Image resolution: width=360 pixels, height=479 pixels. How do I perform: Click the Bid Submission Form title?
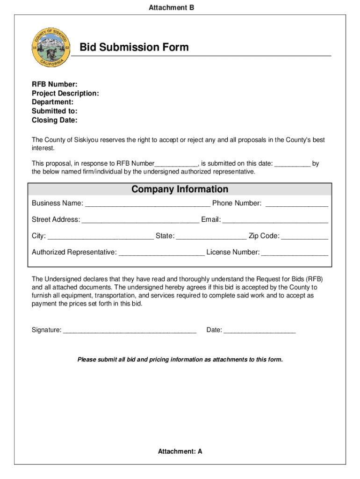134,47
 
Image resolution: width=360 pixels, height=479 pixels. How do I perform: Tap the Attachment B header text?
171,7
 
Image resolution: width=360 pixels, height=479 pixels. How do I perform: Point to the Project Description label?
65,93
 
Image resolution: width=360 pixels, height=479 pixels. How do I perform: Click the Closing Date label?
55,120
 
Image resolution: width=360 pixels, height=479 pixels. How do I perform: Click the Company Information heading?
180,189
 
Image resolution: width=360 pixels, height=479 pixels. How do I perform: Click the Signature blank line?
130,331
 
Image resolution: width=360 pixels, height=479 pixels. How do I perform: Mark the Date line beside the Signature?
259,331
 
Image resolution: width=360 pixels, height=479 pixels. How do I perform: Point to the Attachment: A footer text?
180,451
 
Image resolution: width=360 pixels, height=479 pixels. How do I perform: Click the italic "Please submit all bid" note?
180,360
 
